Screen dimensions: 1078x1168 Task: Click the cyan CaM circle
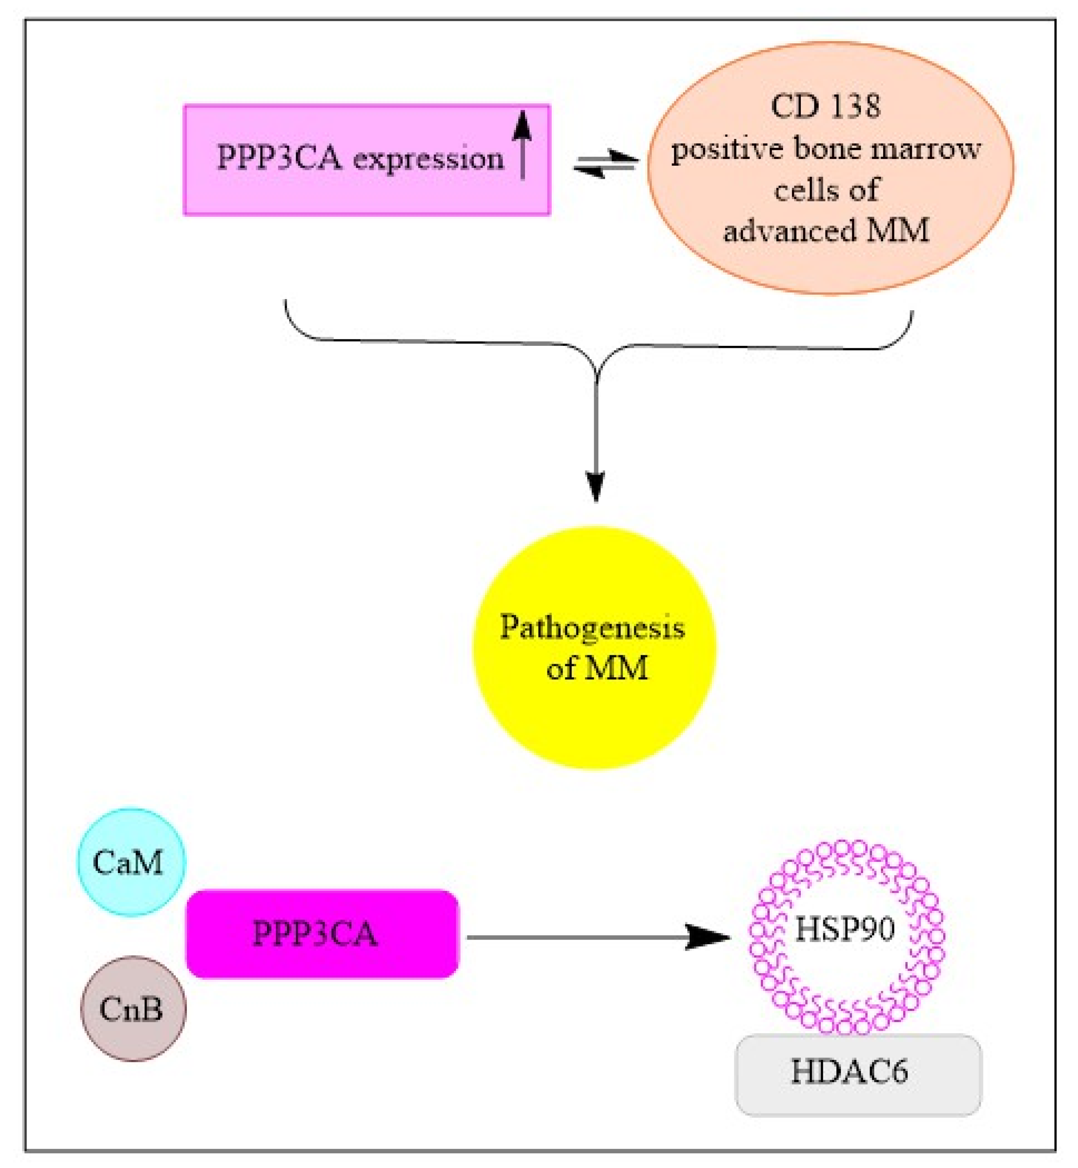(x=132, y=862)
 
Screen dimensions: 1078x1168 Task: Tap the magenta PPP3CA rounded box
(x=322, y=934)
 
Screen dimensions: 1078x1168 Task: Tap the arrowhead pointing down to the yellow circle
(x=596, y=485)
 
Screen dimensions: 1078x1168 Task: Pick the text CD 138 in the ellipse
(x=825, y=106)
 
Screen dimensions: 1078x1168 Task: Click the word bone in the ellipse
(x=827, y=149)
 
